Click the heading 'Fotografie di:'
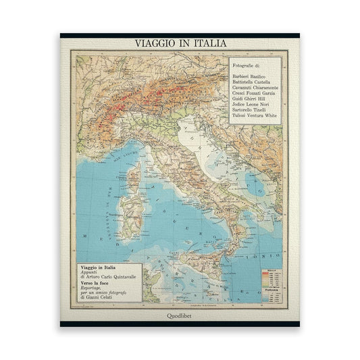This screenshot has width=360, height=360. [x=246, y=65]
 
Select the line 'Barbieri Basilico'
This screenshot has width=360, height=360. [x=250, y=77]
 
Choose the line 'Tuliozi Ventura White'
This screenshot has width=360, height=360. [x=254, y=115]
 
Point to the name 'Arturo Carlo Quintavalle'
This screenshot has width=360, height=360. [x=113, y=277]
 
